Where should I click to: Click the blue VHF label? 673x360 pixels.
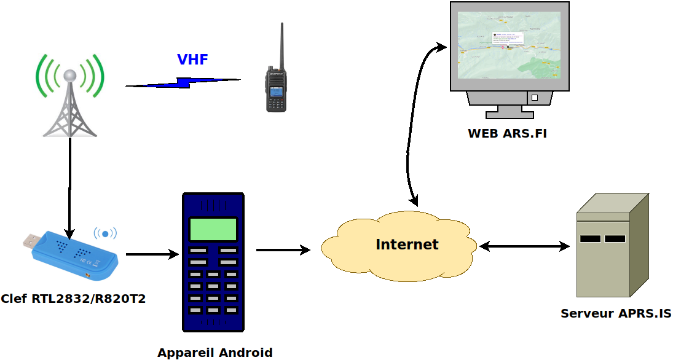(x=192, y=60)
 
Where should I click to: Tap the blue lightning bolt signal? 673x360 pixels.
(x=183, y=82)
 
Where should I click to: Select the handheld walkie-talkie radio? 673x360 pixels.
(x=276, y=86)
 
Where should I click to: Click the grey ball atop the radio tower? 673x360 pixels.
(x=71, y=76)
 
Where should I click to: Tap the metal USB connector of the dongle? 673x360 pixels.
(x=32, y=240)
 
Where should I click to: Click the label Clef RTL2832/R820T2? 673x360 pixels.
(x=73, y=299)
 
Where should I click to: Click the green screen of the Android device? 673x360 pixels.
(x=213, y=229)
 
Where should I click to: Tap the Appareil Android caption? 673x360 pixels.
(x=214, y=353)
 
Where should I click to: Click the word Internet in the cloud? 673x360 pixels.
(x=407, y=245)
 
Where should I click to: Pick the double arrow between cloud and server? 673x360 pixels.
(x=524, y=246)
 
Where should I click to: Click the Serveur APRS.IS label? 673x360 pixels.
(x=615, y=313)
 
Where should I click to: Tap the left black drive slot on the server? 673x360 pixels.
(x=590, y=238)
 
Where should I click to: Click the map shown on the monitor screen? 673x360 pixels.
(x=510, y=45)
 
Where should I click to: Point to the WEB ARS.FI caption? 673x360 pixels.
(x=507, y=133)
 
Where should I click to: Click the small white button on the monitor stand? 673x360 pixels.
(x=534, y=98)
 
